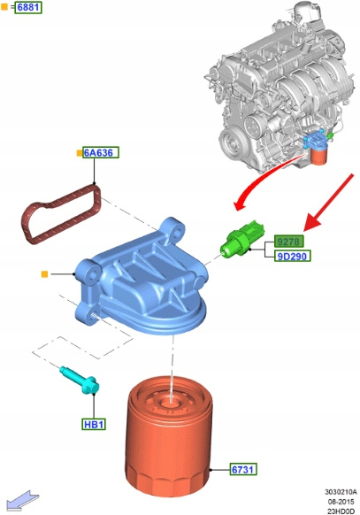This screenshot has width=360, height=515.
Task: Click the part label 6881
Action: (28, 7)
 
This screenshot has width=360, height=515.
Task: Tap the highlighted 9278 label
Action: (288, 242)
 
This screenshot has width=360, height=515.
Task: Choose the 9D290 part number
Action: (292, 256)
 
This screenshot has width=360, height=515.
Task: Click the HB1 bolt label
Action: (94, 425)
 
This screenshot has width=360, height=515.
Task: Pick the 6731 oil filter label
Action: (243, 469)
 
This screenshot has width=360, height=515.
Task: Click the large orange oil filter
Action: (169, 437)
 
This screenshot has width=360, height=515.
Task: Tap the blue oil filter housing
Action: (142, 279)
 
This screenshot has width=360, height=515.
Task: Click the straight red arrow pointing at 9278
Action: (329, 202)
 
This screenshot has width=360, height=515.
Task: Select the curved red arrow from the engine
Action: (266, 179)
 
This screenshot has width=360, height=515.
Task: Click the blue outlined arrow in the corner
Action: (22, 500)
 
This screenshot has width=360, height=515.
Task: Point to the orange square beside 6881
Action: (4, 6)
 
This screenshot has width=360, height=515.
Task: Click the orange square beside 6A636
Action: (80, 153)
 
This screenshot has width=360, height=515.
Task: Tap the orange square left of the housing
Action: (44, 274)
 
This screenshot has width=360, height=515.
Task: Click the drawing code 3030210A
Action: (341, 492)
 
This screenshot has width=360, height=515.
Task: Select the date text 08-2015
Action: (341, 502)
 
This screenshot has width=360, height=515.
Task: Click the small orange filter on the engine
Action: (318, 157)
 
